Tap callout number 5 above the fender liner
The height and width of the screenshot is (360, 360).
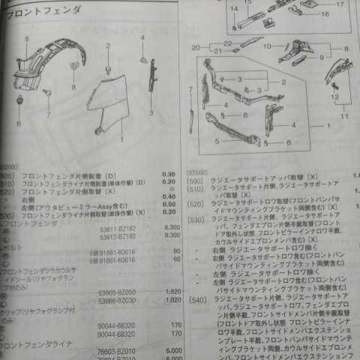26,38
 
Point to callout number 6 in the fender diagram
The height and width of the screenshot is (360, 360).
19,123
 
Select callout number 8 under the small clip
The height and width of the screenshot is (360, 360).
73,87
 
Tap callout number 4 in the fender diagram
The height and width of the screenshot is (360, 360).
142,37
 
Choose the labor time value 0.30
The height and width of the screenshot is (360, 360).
169,174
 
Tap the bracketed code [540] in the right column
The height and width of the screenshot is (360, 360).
198,299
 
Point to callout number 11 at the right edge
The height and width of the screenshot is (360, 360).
344,117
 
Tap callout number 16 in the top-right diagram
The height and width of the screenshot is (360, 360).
325,13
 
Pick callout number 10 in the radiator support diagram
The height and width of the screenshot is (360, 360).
267,46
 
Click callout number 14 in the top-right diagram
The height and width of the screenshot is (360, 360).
234,8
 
